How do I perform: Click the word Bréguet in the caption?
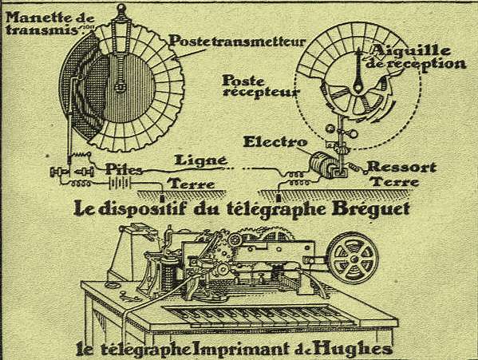point(370,209)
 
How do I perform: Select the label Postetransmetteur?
point(237,42)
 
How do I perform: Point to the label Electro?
point(275,142)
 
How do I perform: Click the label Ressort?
point(401,167)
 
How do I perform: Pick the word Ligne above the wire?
point(200,160)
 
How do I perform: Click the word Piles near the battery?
point(124,169)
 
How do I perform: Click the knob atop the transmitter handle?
point(121,8)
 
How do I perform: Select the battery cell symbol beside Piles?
point(120,184)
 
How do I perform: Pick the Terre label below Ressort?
point(395,182)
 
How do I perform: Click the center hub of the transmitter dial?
point(120,86)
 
